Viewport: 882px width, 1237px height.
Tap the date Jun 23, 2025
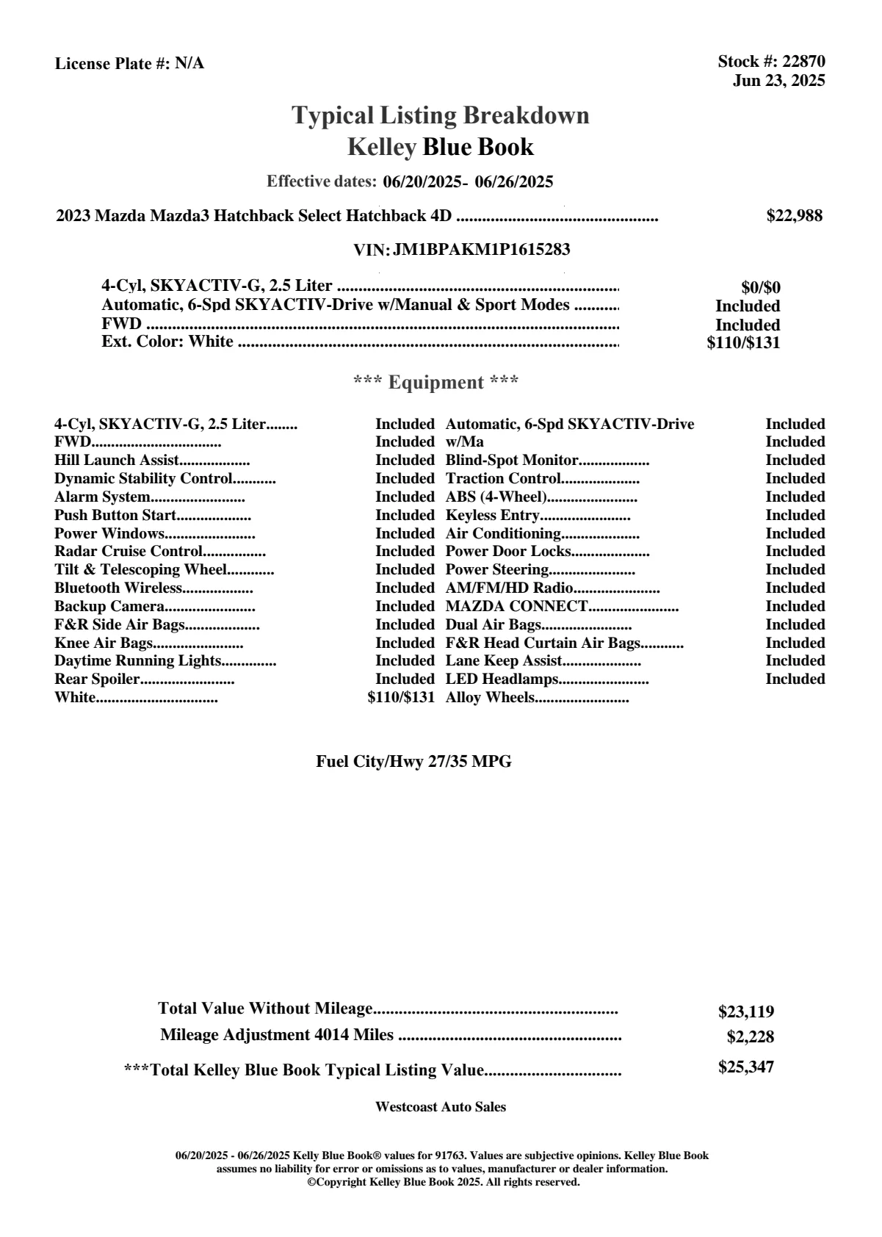(x=778, y=81)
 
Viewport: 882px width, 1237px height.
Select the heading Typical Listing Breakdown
(x=441, y=115)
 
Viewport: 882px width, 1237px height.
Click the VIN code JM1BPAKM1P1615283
(x=482, y=250)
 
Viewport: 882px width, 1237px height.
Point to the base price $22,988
(x=794, y=216)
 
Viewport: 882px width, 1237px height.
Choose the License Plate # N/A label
(x=129, y=64)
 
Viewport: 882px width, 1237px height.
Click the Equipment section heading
(x=435, y=383)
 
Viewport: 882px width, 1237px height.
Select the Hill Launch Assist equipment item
(x=117, y=461)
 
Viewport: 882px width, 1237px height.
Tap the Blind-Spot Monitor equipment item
(x=512, y=461)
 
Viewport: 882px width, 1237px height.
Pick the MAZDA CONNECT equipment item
(x=516, y=607)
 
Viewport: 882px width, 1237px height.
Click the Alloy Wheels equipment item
(x=490, y=698)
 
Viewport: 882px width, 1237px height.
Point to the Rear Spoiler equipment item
(x=97, y=679)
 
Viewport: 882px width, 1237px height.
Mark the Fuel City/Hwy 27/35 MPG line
(x=413, y=762)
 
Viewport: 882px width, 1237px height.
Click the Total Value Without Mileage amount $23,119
(x=745, y=1012)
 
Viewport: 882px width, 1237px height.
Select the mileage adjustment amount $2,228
(x=750, y=1037)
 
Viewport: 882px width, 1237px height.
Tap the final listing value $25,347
(x=745, y=1067)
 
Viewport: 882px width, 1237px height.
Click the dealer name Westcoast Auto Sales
(x=440, y=1107)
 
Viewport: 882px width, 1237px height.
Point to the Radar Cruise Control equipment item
(x=129, y=552)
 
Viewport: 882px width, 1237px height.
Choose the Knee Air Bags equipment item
(x=103, y=643)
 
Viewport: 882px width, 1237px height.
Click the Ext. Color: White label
(x=167, y=342)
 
